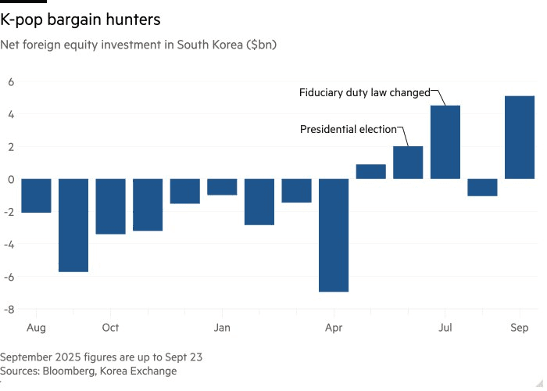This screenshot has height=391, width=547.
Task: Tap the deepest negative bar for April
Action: [334, 235]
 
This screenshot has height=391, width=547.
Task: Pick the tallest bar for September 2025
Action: [519, 138]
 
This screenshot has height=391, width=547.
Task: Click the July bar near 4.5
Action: [445, 142]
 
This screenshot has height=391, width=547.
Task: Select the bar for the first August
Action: [36, 195]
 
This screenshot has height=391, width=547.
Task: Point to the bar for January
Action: [222, 187]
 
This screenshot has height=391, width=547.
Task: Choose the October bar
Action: [110, 206]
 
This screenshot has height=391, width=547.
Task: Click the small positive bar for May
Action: [371, 171]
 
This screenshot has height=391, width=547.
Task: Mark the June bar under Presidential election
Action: [408, 163]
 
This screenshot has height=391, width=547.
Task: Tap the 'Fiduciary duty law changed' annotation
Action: [364, 92]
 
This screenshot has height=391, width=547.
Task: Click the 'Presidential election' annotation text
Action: [349, 129]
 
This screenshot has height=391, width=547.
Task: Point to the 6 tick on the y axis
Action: [12, 81]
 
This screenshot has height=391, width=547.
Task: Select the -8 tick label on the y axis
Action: [10, 310]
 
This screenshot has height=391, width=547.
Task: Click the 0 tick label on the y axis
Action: [12, 179]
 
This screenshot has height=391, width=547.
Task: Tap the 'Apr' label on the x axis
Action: [334, 328]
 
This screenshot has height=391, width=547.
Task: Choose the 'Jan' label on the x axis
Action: [222, 328]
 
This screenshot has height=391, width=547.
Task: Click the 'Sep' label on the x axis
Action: [520, 328]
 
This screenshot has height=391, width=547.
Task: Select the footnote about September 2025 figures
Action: [102, 357]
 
